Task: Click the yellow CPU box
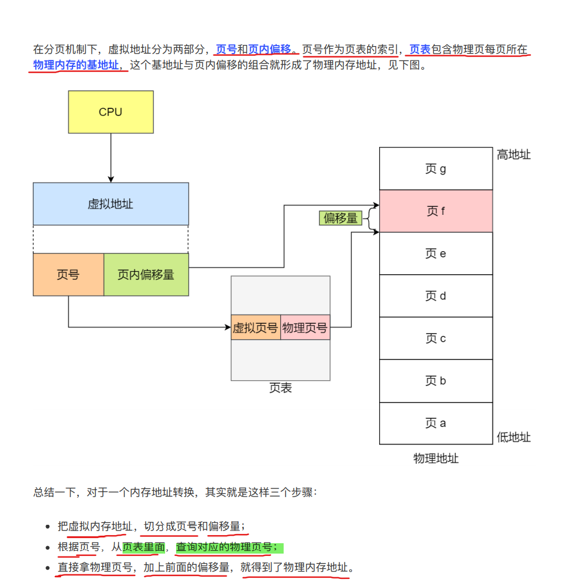(110, 112)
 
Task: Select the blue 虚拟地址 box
(110, 204)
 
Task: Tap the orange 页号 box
(68, 275)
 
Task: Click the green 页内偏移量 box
(146, 275)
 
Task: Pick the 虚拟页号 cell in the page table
(255, 328)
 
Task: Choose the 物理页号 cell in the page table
(305, 328)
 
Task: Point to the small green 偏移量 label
(340, 218)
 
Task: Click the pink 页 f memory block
(436, 211)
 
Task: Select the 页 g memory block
(436, 169)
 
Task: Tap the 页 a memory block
(436, 423)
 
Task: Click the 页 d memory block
(436, 296)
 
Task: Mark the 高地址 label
(513, 154)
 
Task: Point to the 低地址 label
(513, 437)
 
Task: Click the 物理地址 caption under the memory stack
(436, 459)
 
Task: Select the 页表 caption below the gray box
(280, 388)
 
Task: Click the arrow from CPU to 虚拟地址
(110, 158)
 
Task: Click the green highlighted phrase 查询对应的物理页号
(230, 547)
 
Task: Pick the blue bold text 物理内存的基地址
(76, 65)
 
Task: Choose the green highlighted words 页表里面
(143, 547)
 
